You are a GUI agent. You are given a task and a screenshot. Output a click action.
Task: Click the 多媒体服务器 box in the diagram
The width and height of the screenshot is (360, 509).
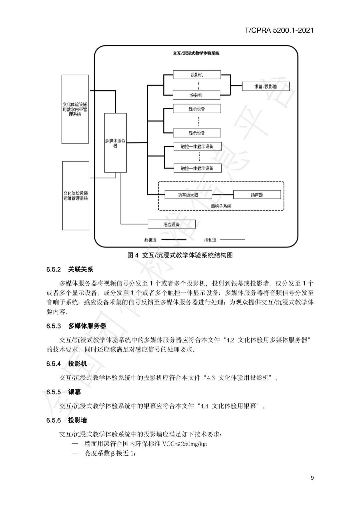tap(115, 143)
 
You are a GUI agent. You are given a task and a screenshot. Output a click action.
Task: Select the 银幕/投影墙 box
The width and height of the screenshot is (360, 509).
tap(266, 87)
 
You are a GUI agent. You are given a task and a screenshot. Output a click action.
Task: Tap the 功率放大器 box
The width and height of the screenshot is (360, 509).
tap(188, 195)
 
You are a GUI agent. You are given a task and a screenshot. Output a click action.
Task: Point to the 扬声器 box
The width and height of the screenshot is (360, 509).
tap(257, 195)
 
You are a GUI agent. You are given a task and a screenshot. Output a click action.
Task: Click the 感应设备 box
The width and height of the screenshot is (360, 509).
tap(171, 224)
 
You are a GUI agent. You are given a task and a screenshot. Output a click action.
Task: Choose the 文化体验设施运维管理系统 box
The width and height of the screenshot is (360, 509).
tap(76, 196)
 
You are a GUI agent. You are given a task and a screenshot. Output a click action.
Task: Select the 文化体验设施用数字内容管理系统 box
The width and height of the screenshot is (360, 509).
tap(75, 109)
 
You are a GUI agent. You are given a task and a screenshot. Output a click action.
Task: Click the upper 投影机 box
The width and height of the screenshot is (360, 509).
tap(197, 75)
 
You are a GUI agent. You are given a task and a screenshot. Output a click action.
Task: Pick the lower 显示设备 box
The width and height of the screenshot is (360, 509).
tap(197, 133)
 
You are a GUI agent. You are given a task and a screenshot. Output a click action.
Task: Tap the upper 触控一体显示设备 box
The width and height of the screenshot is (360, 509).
tap(197, 147)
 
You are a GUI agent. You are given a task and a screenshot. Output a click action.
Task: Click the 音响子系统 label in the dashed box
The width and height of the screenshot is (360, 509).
tap(221, 206)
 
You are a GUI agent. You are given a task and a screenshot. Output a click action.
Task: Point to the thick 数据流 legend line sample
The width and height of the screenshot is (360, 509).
tap(174, 240)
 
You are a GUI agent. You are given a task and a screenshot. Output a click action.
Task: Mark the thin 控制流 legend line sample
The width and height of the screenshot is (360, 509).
tap(232, 240)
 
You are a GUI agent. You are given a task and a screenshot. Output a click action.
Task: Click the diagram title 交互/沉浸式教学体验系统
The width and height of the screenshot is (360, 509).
tap(196, 53)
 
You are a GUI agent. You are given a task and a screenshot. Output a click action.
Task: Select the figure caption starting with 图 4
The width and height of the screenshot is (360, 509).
tap(180, 255)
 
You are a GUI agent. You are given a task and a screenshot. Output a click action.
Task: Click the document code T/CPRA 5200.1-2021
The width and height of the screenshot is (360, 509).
tap(279, 30)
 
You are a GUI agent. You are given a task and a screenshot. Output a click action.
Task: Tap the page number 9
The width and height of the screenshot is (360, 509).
tap(312, 478)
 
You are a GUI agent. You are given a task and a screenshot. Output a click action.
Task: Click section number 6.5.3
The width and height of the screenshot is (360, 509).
tap(54, 326)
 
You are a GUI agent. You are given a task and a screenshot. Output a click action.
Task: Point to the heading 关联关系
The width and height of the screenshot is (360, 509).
tap(81, 269)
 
